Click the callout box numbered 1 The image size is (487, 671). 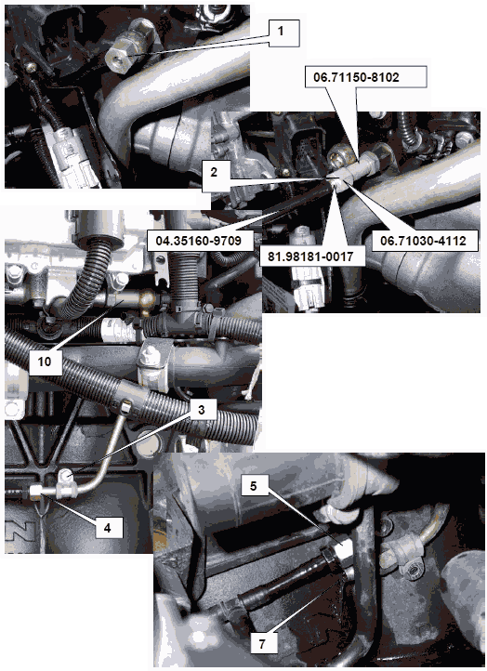point(281,31)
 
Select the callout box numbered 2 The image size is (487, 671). point(214,173)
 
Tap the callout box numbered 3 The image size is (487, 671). point(201,410)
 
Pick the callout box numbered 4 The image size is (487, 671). point(108,528)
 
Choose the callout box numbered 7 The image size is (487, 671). point(262,643)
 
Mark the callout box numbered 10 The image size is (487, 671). point(45,362)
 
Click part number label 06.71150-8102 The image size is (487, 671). point(356,77)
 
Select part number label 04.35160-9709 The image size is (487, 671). point(199,240)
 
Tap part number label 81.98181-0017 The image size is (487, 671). point(311,257)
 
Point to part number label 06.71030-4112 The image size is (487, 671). point(424,241)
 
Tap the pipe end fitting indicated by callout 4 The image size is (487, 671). point(36,493)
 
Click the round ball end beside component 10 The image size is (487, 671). point(146,298)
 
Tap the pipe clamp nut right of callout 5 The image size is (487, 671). point(412,570)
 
